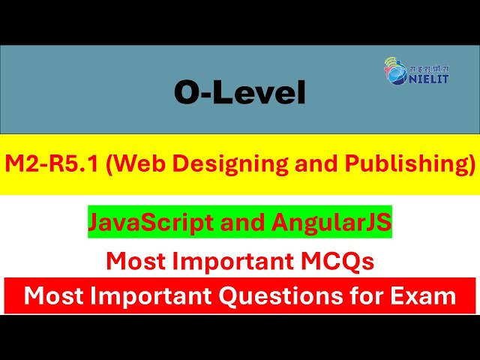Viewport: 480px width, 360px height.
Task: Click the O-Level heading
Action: [x=240, y=93]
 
